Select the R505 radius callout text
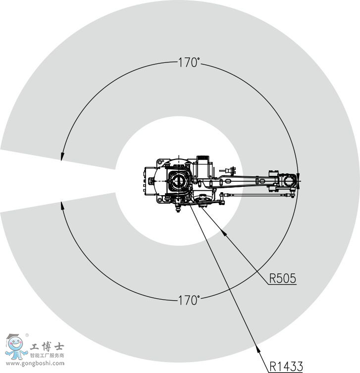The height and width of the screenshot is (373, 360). coord(283,278)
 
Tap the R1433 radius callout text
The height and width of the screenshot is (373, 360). coord(286,367)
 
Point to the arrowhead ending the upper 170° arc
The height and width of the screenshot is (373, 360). coord(62,157)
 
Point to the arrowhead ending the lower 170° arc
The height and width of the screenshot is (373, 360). coord(62,206)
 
